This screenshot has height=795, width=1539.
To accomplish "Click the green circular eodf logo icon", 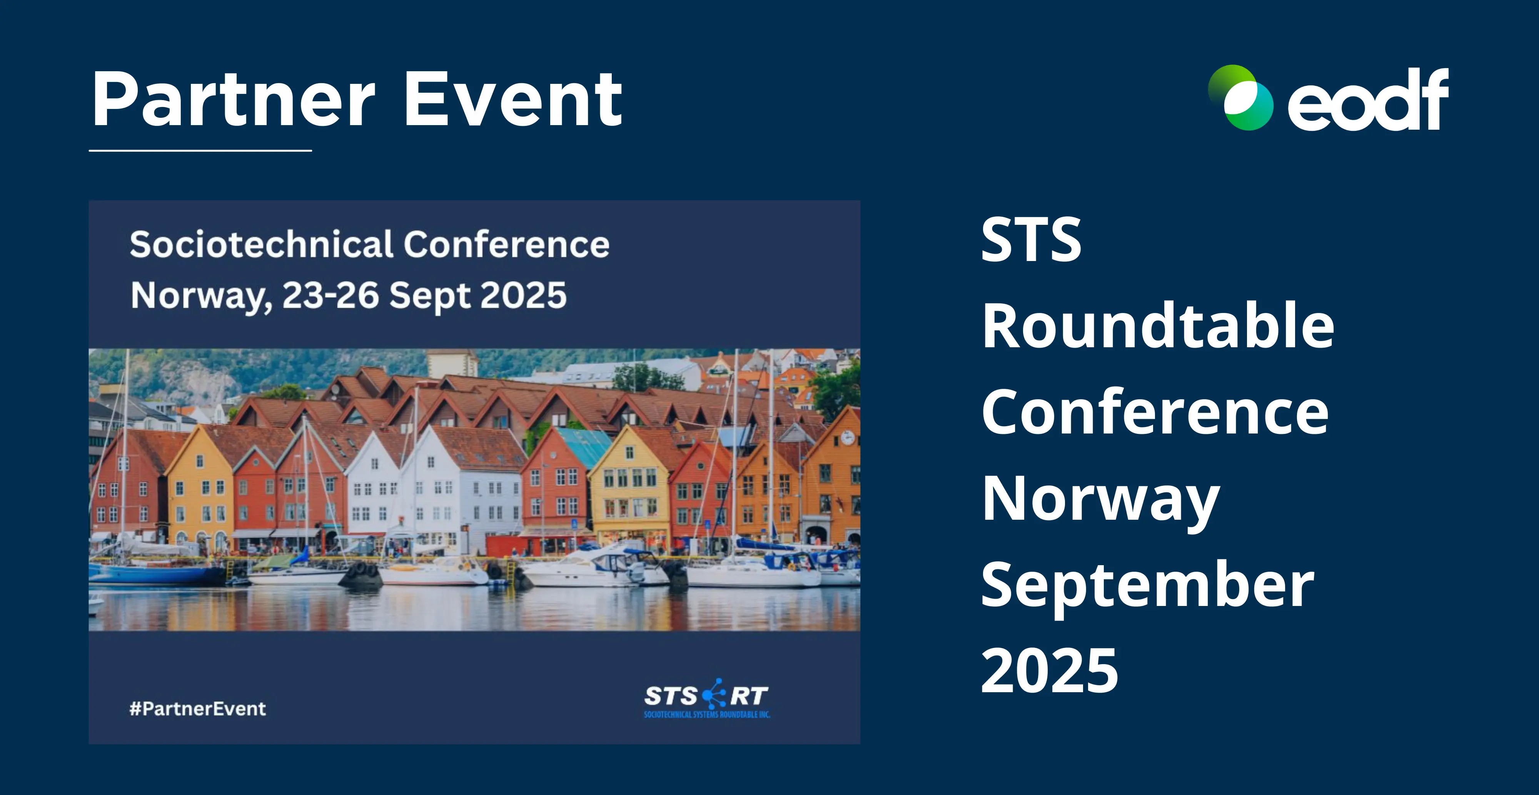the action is click(x=1240, y=97).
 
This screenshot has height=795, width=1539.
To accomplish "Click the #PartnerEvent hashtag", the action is click(x=198, y=709).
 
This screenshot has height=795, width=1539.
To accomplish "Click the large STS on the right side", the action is click(x=1031, y=240).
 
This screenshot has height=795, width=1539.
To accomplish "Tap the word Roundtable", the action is click(x=1158, y=326).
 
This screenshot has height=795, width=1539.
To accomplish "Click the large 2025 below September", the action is click(x=1049, y=671).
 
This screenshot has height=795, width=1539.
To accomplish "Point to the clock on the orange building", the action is click(x=847, y=438).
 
